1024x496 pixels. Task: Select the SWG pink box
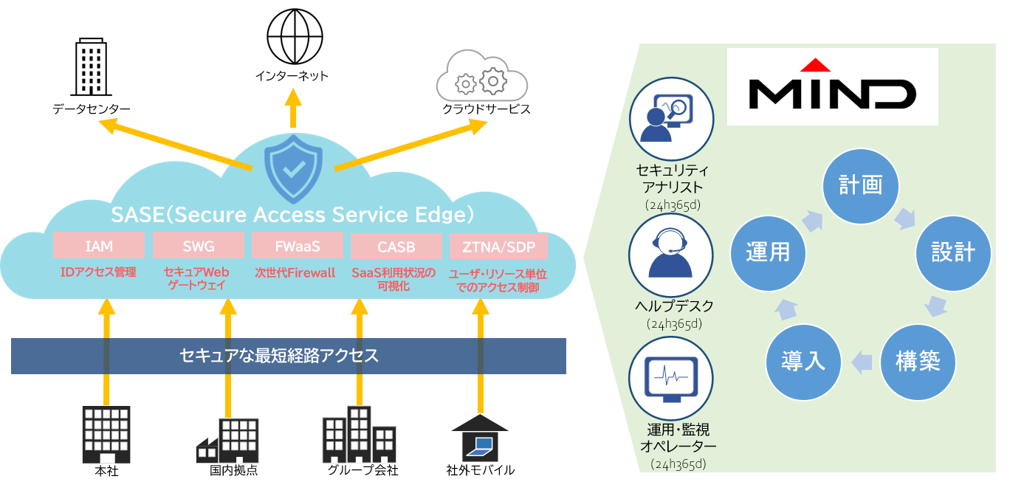point(198,246)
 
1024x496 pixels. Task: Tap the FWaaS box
point(298,245)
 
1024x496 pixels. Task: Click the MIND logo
point(832,87)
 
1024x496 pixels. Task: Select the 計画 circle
point(861,185)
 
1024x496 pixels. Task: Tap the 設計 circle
point(952,252)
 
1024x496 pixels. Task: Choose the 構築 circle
point(917,362)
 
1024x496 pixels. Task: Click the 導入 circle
point(803,362)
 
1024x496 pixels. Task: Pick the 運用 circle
point(767,252)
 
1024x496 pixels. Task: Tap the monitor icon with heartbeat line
point(670,378)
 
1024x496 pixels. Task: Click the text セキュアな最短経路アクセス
point(279,356)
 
